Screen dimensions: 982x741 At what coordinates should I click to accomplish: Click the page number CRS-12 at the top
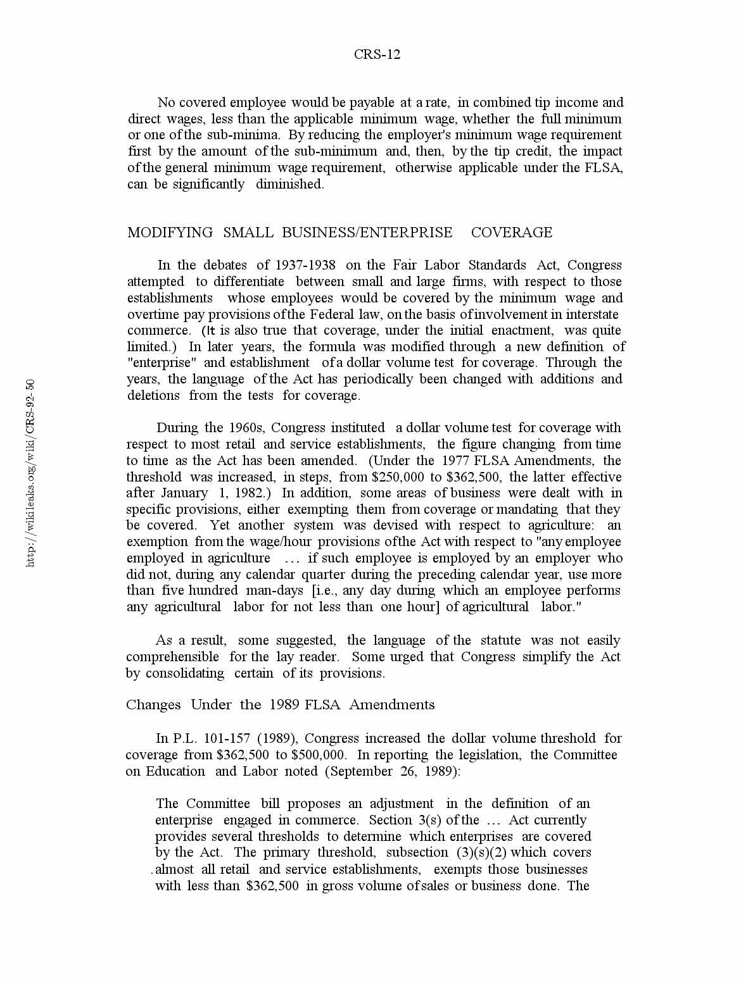377,54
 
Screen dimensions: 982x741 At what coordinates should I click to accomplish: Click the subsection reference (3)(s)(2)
481,853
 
